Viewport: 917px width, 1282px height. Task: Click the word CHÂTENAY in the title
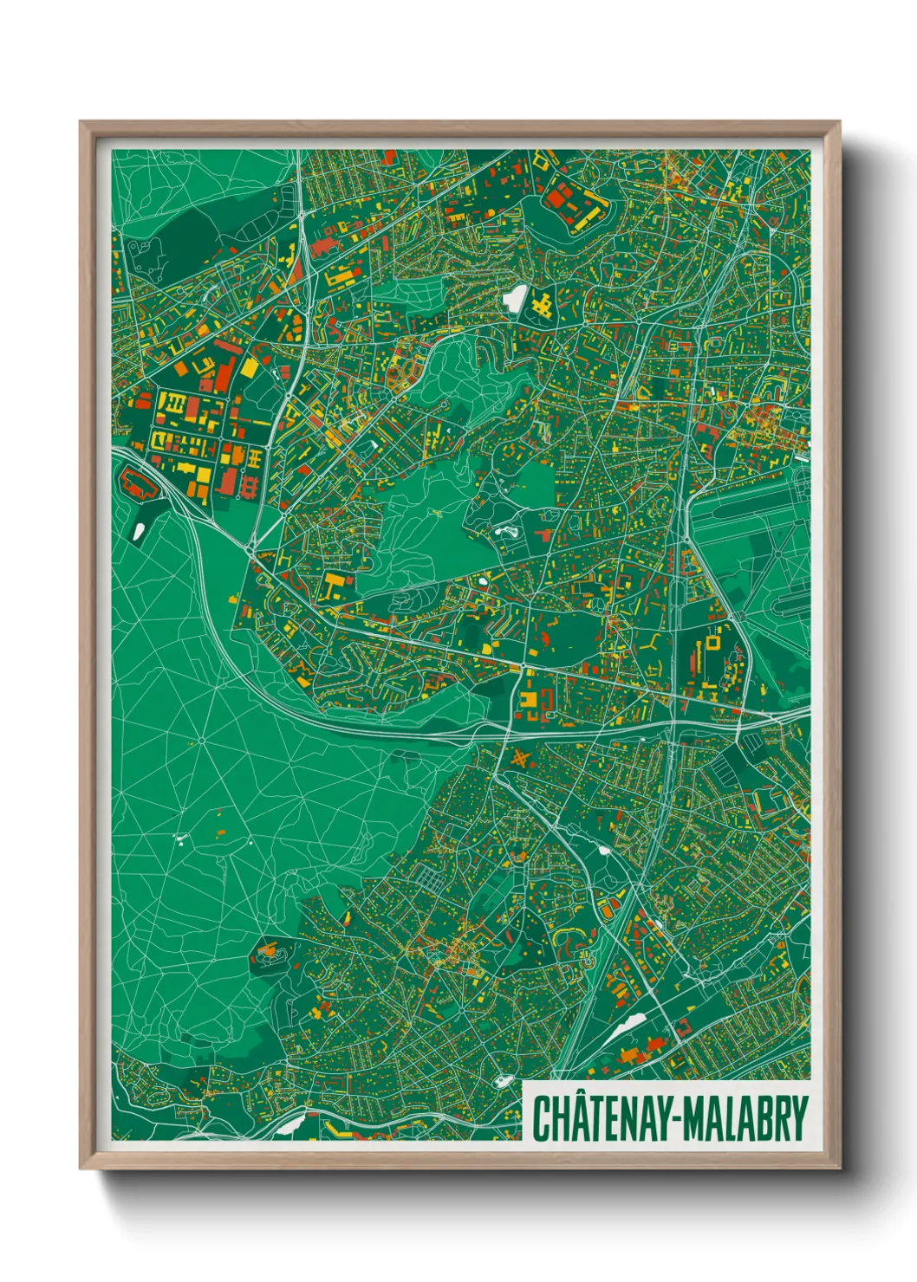597,1118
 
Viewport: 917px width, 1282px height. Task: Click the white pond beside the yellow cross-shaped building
514,299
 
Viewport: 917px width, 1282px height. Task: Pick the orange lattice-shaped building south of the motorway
520,760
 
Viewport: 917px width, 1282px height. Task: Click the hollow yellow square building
713,644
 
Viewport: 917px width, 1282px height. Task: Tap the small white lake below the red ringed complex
139,530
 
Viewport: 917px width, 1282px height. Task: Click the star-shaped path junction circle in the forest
201,741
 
